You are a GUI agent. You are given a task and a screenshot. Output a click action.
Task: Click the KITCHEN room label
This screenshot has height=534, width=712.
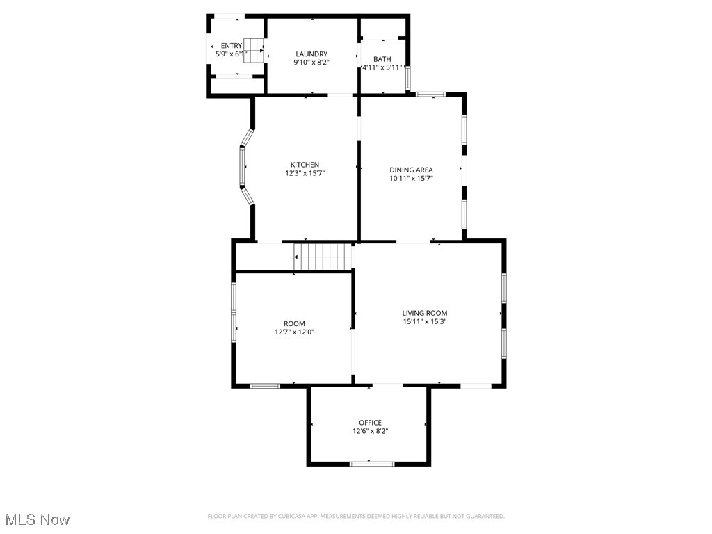click(305, 165)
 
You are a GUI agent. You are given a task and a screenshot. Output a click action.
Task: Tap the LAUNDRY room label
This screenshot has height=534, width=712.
click(311, 54)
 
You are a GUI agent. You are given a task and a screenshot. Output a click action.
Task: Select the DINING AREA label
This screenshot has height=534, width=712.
click(411, 170)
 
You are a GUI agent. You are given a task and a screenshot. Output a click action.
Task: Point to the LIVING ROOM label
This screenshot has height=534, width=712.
click(424, 313)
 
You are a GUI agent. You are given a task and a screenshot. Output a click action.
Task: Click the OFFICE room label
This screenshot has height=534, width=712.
click(370, 423)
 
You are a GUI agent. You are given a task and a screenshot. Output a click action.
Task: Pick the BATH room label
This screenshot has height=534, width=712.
click(382, 59)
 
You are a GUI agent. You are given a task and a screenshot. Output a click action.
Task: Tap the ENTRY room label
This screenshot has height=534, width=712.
click(232, 46)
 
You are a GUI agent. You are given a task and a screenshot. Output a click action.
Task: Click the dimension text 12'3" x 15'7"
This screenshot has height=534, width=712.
click(305, 173)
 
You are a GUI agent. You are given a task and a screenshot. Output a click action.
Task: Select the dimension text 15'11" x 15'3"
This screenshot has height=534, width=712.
click(424, 321)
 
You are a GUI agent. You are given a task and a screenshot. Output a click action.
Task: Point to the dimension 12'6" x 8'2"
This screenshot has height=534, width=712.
click(370, 431)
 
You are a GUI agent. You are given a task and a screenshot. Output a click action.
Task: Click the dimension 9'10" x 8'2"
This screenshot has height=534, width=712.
click(311, 63)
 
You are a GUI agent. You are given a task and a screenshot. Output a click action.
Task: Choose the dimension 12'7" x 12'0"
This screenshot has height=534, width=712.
click(294, 332)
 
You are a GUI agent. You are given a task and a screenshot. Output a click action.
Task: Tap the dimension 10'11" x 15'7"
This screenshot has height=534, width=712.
click(411, 178)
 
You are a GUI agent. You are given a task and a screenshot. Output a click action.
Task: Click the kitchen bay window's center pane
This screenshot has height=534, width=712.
click(243, 167)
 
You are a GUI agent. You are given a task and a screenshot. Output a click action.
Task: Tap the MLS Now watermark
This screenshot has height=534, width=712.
click(37, 519)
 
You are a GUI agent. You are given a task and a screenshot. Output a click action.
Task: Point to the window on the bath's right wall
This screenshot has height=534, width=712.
click(408, 78)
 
